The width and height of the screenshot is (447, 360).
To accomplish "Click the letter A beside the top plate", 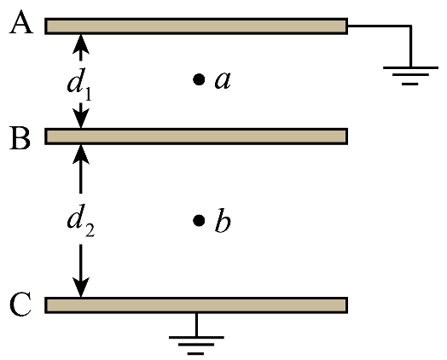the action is coord(21,22).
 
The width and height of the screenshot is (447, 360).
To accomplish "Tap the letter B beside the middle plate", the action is coord(20,138).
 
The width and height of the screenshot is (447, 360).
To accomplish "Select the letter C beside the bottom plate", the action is coord(20,305).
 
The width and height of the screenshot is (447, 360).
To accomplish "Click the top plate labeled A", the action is coord(196,26).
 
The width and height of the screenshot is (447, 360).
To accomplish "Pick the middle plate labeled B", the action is coord(196,136).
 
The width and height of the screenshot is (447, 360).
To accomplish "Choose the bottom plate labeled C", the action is coord(196,305).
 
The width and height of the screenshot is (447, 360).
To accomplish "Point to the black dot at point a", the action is coord(199,79).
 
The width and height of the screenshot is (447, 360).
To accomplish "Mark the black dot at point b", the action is coord(199,220).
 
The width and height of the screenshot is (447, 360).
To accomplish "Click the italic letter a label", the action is coord(223,81).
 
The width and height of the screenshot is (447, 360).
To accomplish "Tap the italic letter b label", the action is coord(223,221).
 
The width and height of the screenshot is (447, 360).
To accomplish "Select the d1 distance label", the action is coord(79,84).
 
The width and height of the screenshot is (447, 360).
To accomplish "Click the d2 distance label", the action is coord(81,220).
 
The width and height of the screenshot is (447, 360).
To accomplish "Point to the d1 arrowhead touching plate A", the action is coord(81,44).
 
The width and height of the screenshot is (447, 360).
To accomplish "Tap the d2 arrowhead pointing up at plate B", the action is coord(81,154).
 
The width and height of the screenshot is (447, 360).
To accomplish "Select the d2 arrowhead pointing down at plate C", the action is coord(81,287).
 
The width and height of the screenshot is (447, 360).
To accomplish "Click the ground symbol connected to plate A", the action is coord(410,76).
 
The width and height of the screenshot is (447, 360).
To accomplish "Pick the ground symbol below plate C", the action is coord(196,345).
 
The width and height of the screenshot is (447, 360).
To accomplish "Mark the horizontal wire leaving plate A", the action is coord(379,26).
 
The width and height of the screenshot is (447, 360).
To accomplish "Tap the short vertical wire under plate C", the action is coord(196,325).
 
